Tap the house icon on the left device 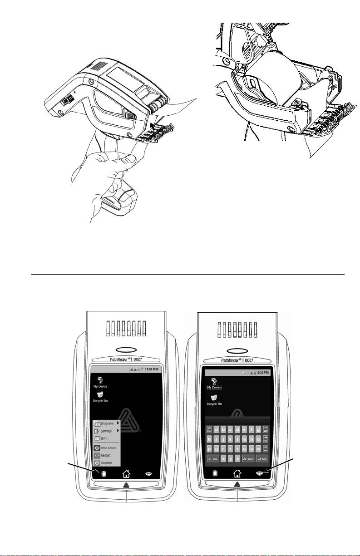[125, 474]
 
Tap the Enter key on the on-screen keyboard [262, 459]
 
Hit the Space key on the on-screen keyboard [248, 459]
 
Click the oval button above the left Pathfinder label [125, 351]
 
